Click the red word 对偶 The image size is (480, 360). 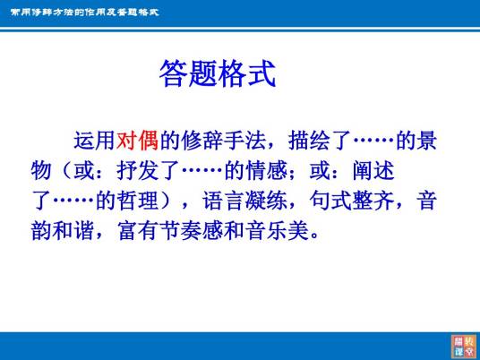pos(137,141)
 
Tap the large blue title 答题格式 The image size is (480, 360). pos(218,73)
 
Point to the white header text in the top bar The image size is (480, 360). pos(84,13)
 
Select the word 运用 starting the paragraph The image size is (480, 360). pos(95,141)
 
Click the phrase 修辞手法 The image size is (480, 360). pos(224,141)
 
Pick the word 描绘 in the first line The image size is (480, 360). pos(309,141)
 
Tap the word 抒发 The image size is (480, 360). pos(137,171)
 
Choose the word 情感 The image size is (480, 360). pos(267,171)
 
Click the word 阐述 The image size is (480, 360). pos(373,171)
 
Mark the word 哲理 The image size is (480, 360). pos(138,201)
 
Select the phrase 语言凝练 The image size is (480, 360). pos(244,201)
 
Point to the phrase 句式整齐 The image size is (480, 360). pos(352,201)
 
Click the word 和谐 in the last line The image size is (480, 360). pos(73,230)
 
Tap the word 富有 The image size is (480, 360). pos(138,230)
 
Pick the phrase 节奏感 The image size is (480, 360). pos(192,230)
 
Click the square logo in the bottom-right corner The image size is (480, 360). pos(464,347)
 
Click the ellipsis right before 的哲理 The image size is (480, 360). pos(73,201)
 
